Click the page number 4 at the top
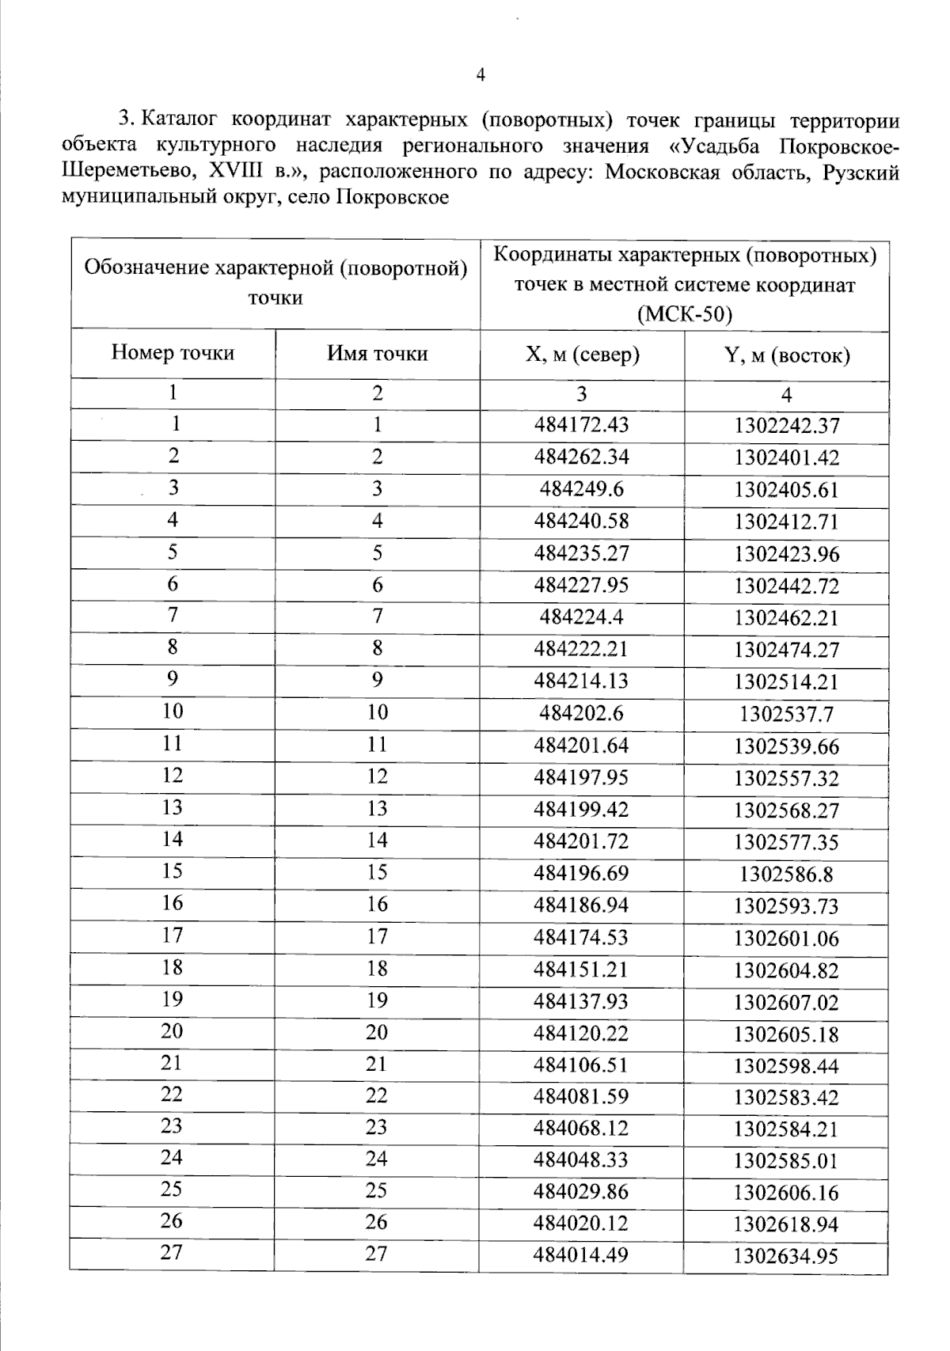pyautogui.click(x=481, y=75)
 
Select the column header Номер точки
pyautogui.click(x=173, y=353)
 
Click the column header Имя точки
pyautogui.click(x=377, y=353)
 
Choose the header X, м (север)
pyautogui.click(x=582, y=355)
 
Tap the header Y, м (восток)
pyautogui.click(x=786, y=355)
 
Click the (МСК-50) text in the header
pyautogui.click(x=684, y=315)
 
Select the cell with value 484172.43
pyautogui.click(x=581, y=425)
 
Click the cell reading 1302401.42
pyautogui.click(x=785, y=457)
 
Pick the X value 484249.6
pyautogui.click(x=581, y=489)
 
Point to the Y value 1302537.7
pyautogui.click(x=785, y=715)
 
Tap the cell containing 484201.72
pyautogui.click(x=581, y=841)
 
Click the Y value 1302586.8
pyautogui.click(x=785, y=875)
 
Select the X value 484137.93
pyautogui.click(x=581, y=1001)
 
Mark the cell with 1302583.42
pyautogui.click(x=785, y=1098)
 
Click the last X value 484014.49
pyautogui.click(x=581, y=1254)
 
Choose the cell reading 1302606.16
pyautogui.click(x=785, y=1193)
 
